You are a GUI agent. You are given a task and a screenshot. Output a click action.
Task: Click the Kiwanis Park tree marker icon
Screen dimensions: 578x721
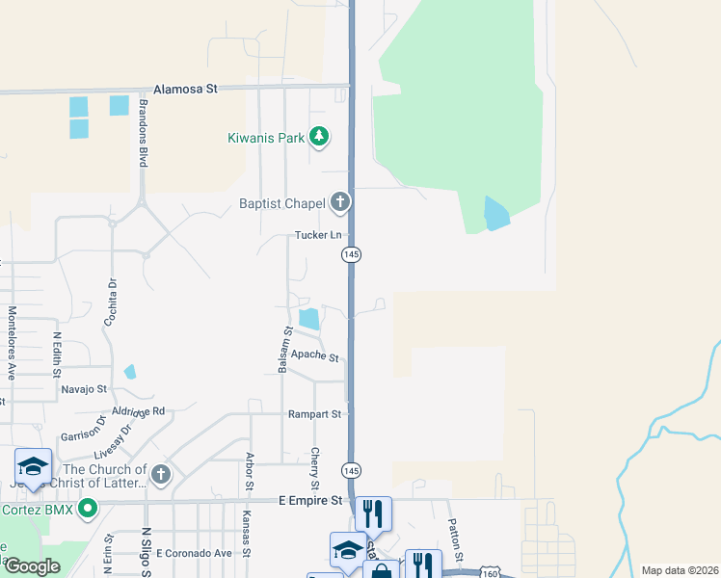tap(319, 139)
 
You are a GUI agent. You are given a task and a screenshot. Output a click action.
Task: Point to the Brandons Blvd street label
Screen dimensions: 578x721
tap(143, 132)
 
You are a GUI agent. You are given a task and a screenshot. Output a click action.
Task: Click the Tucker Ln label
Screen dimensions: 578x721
tap(318, 235)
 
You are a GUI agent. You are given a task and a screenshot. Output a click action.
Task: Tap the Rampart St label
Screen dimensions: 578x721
tap(314, 414)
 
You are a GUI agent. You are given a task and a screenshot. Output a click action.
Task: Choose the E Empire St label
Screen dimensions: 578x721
tap(310, 501)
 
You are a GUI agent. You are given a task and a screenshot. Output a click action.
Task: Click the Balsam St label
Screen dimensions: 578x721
tap(284, 350)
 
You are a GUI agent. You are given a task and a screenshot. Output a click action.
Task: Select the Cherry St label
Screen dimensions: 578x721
tap(315, 467)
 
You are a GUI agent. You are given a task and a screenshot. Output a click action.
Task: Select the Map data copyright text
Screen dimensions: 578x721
tap(680, 570)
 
